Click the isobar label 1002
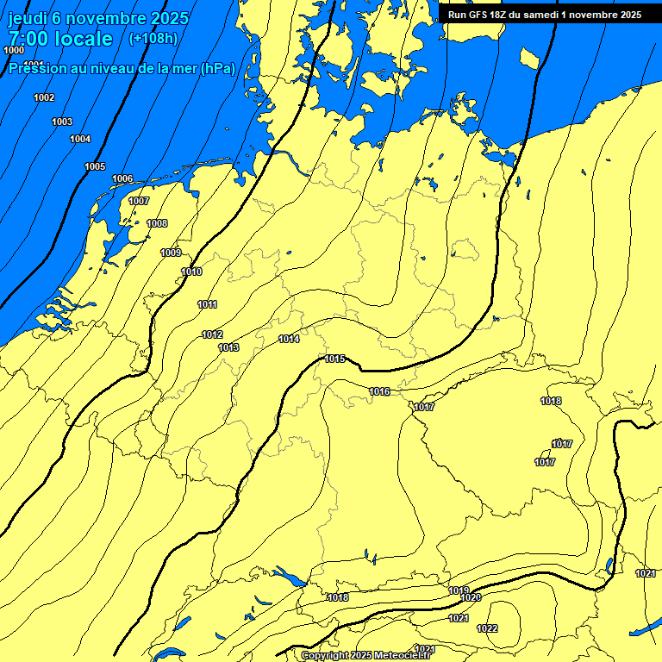(x=44, y=97)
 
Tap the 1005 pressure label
(x=95, y=166)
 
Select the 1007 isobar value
(x=139, y=201)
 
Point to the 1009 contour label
(x=171, y=253)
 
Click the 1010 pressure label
(x=191, y=272)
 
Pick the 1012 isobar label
(x=212, y=334)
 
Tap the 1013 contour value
(x=228, y=347)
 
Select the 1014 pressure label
(x=289, y=339)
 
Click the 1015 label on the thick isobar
(x=335, y=359)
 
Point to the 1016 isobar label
(x=379, y=391)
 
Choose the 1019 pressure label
(x=459, y=590)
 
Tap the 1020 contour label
(x=471, y=597)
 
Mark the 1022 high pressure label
(x=487, y=628)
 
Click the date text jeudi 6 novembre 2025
(x=98, y=18)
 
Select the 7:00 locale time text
(x=60, y=39)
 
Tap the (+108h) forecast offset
(x=153, y=39)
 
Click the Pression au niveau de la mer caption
(x=122, y=68)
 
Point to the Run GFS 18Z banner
(x=544, y=15)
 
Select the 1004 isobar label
(x=80, y=139)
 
